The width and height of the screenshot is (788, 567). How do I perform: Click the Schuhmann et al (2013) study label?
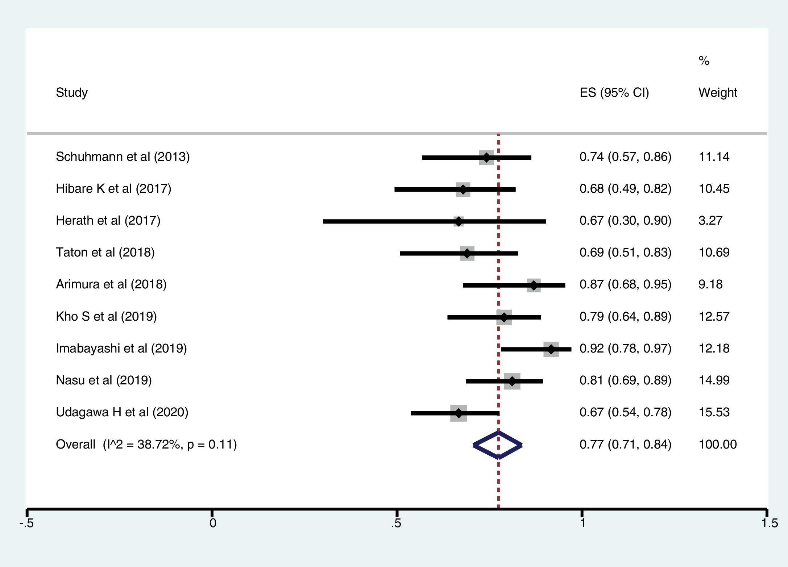click(123, 157)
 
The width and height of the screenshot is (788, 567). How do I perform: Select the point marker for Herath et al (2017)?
click(459, 221)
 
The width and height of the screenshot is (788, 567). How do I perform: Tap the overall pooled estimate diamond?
click(498, 445)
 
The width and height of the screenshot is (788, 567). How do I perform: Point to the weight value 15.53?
click(714, 412)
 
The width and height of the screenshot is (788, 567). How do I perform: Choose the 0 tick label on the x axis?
click(213, 523)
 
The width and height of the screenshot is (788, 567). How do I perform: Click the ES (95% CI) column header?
click(614, 93)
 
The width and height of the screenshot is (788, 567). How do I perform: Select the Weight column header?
click(718, 93)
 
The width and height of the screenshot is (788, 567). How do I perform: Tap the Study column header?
click(72, 93)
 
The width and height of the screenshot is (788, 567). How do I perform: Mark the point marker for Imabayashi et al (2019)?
click(551, 349)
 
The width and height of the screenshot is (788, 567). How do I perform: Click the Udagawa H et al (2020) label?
click(122, 412)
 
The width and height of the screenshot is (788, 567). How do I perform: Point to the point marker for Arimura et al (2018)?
click(534, 285)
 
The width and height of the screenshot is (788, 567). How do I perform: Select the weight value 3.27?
click(710, 221)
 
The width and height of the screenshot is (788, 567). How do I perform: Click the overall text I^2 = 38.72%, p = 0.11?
click(170, 445)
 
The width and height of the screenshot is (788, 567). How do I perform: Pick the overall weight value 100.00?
click(717, 445)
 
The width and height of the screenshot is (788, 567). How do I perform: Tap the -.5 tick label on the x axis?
click(27, 523)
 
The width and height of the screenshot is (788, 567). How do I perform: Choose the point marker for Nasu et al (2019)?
click(512, 381)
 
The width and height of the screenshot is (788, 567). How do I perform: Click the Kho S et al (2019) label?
click(106, 317)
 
